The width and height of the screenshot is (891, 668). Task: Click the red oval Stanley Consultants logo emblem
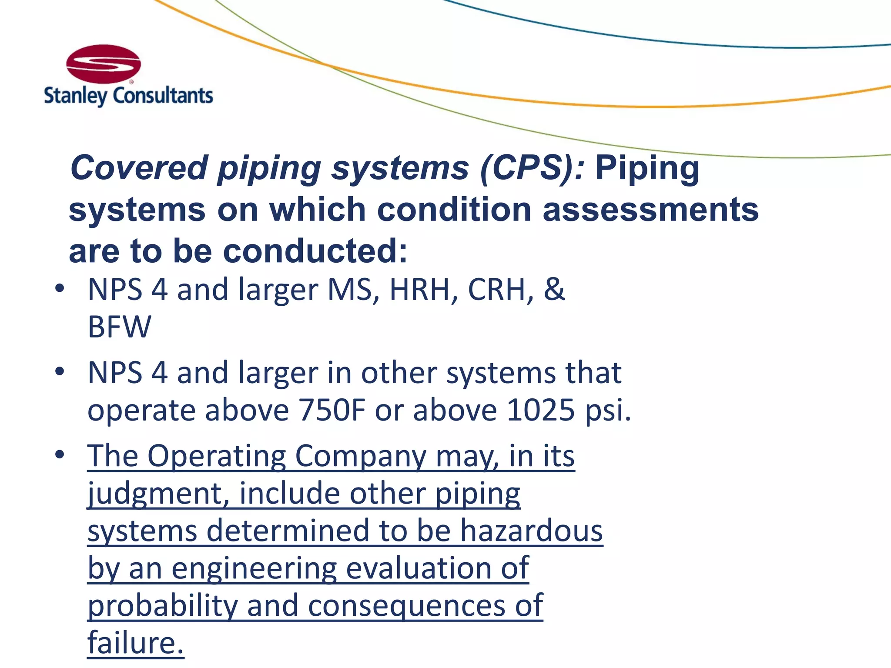tap(104, 64)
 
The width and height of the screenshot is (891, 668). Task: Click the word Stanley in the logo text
tap(75, 96)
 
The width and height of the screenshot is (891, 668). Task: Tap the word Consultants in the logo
tap(163, 95)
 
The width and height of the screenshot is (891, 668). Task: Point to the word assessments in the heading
tap(650, 210)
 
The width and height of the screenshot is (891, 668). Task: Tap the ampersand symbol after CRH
tap(554, 289)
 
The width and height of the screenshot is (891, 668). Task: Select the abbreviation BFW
tap(120, 327)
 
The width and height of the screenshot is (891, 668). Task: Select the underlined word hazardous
tap(532, 531)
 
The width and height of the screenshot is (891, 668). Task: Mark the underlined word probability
tap(162, 606)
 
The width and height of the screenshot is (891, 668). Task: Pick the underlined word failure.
tap(136, 643)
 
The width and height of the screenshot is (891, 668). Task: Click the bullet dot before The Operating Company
tap(60, 454)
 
